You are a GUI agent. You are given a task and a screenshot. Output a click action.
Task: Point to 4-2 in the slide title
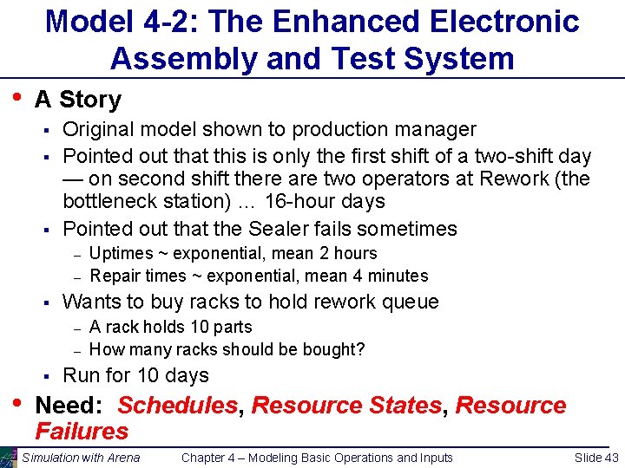(x=176, y=21)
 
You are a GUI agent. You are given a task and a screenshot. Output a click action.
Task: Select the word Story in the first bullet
(x=90, y=100)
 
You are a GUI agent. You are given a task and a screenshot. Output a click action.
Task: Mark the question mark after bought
(x=361, y=350)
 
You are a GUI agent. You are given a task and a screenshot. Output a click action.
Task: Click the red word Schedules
(x=177, y=406)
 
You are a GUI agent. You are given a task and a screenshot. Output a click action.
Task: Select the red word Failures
(x=82, y=431)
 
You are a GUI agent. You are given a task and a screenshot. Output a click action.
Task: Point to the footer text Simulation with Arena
(x=81, y=458)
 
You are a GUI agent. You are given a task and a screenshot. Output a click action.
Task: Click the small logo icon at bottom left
(x=9, y=458)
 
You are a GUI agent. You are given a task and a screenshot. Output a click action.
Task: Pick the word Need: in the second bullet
(x=72, y=406)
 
